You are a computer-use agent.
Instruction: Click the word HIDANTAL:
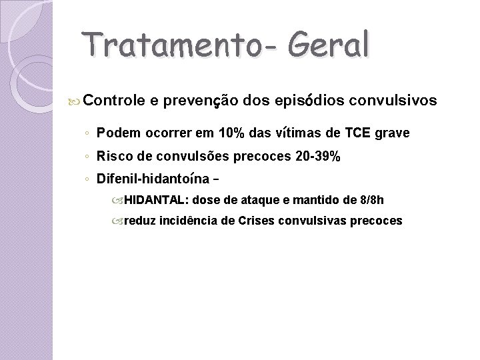pos(157,199)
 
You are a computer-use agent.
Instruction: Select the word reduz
pos(139,221)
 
